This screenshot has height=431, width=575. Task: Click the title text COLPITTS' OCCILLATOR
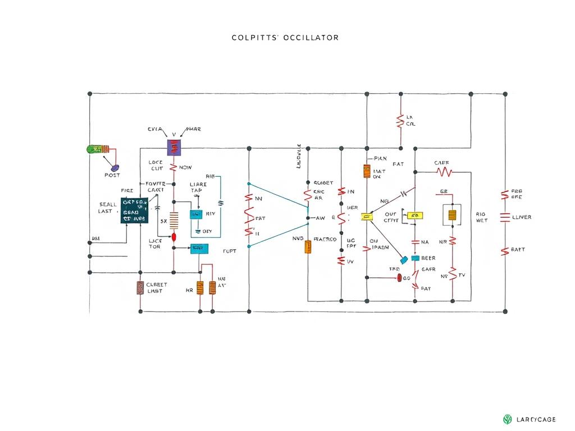click(285, 38)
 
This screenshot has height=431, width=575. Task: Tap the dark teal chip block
click(134, 210)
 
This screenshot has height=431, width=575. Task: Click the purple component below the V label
click(175, 148)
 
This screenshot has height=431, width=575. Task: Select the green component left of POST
click(97, 149)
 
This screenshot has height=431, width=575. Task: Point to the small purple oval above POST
click(115, 167)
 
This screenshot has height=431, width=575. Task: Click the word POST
click(112, 175)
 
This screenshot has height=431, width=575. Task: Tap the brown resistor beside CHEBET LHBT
click(140, 288)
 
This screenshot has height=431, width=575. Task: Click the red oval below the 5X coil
click(174, 237)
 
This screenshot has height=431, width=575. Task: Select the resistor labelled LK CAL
click(400, 120)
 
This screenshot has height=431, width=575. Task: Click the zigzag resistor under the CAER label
click(444, 171)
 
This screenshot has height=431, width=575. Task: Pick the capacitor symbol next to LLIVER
click(504, 217)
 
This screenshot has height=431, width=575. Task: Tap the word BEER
click(428, 258)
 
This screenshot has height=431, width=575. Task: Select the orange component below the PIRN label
click(367, 171)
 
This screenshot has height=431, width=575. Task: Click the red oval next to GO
click(399, 278)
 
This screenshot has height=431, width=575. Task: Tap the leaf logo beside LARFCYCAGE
click(508, 419)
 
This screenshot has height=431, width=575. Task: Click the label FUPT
click(230, 251)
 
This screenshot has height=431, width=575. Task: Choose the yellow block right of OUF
click(415, 215)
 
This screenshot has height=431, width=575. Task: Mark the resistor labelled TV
click(453, 276)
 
